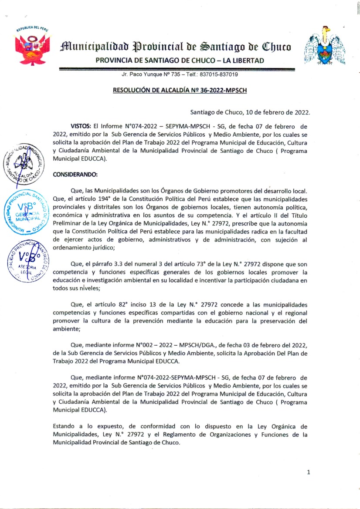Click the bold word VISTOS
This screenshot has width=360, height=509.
coord(81,125)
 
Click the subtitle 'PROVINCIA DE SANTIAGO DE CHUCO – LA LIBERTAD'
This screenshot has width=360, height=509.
coord(180,61)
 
